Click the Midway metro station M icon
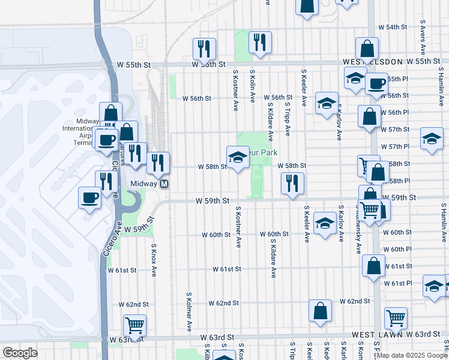(x=163, y=184)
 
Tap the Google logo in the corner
(x=20, y=353)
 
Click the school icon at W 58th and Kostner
(x=238, y=157)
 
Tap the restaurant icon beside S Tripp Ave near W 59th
(x=292, y=184)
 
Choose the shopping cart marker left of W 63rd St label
(x=135, y=326)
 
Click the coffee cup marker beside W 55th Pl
(x=376, y=84)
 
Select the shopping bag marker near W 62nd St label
(x=321, y=311)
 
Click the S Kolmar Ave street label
(x=188, y=313)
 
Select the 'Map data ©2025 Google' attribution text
(x=411, y=355)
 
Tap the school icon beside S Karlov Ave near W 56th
(x=327, y=103)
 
